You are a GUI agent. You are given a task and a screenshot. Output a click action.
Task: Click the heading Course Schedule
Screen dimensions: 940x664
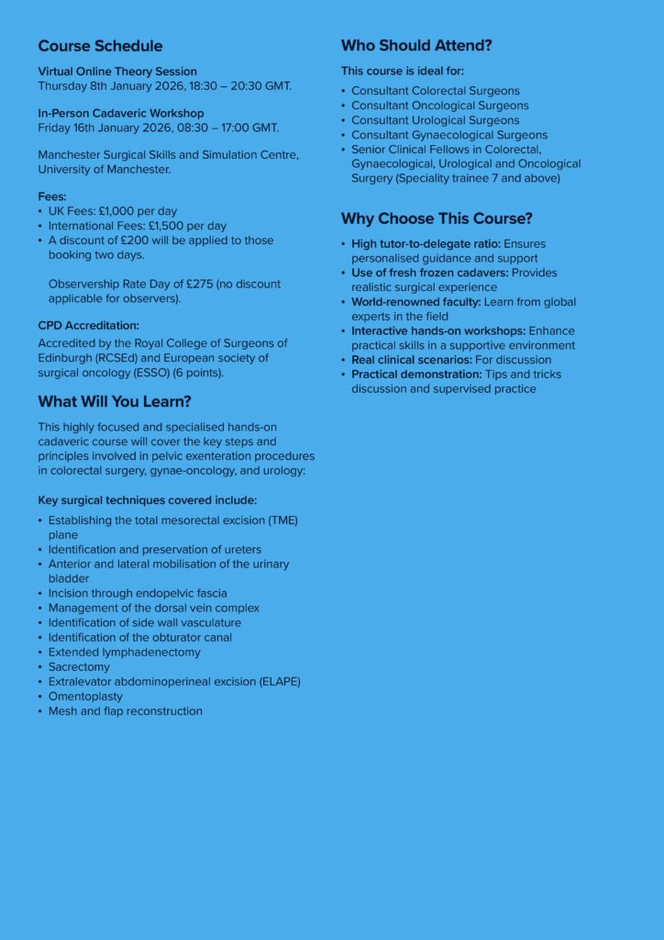pyautogui.click(x=100, y=46)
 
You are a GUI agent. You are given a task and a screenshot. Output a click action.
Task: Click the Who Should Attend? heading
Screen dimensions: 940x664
pyautogui.click(x=416, y=45)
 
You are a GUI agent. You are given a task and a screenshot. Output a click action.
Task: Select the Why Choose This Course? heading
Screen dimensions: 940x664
pyautogui.click(x=437, y=218)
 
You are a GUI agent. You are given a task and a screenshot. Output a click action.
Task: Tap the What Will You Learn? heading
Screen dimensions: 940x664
pyautogui.click(x=115, y=401)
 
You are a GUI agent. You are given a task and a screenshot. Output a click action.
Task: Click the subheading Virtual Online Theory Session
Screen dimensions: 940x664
pyautogui.click(x=117, y=72)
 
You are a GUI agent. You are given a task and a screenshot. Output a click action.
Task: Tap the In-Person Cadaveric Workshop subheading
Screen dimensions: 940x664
pyautogui.click(x=121, y=113)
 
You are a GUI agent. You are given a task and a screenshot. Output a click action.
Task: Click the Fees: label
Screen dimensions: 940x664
pyautogui.click(x=52, y=196)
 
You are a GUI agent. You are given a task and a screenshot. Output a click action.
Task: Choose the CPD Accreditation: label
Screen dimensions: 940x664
pyautogui.click(x=88, y=325)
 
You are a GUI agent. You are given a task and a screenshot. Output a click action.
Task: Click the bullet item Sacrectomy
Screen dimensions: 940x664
pyautogui.click(x=79, y=666)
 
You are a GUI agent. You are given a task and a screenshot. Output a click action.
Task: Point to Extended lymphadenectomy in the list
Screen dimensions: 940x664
pyautogui.click(x=124, y=652)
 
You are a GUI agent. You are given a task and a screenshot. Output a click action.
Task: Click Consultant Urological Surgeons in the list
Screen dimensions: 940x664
pyautogui.click(x=435, y=120)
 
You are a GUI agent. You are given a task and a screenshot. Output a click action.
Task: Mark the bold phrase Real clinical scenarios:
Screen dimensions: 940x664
pyautogui.click(x=412, y=360)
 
